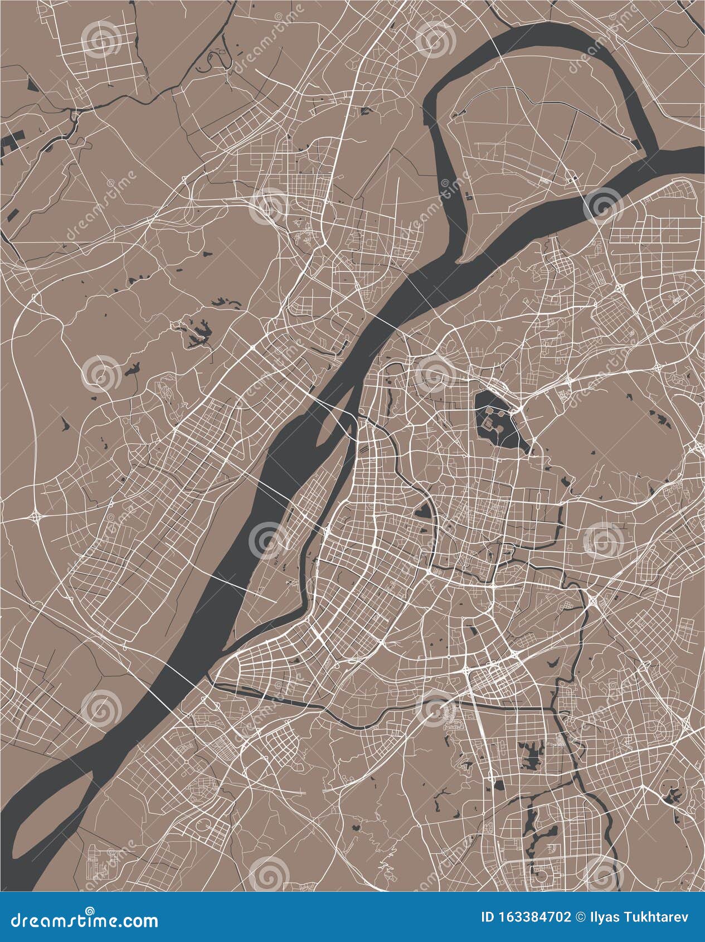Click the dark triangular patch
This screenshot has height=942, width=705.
click(x=31, y=84)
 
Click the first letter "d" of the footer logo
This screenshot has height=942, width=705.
click(x=18, y=920)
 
